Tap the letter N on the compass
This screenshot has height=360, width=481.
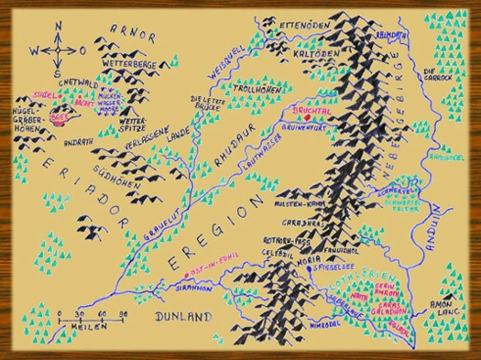[x=57, y=28]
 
